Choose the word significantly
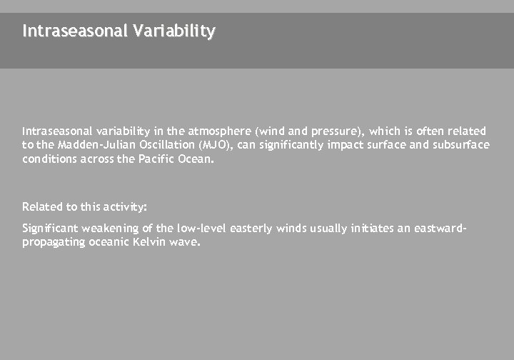click(293, 145)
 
